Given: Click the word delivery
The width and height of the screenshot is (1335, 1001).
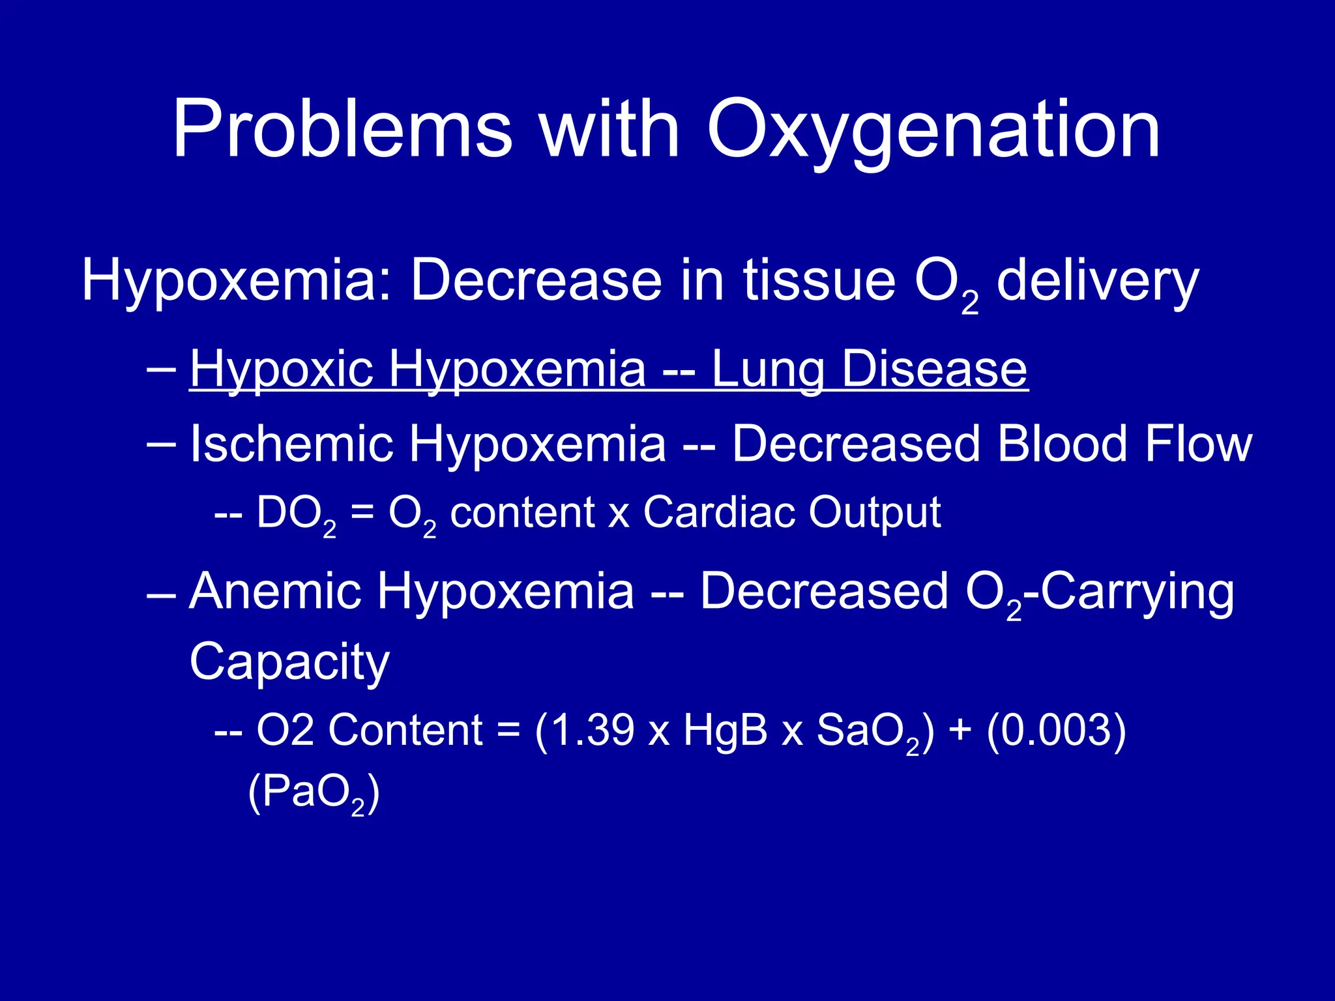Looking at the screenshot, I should pyautogui.click(x=1098, y=282).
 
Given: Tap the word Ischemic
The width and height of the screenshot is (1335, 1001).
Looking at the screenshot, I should pyautogui.click(x=291, y=444).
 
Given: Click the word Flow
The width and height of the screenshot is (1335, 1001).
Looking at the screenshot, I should pyautogui.click(x=1199, y=444).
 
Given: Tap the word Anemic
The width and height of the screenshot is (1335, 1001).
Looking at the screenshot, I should pyautogui.click(x=274, y=591).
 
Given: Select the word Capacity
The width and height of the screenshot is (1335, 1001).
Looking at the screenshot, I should pyautogui.click(x=289, y=662).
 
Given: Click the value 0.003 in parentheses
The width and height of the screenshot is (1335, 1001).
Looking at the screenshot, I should pyautogui.click(x=1056, y=729).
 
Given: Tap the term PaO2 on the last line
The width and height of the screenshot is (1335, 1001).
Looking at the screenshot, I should pyautogui.click(x=314, y=792).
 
